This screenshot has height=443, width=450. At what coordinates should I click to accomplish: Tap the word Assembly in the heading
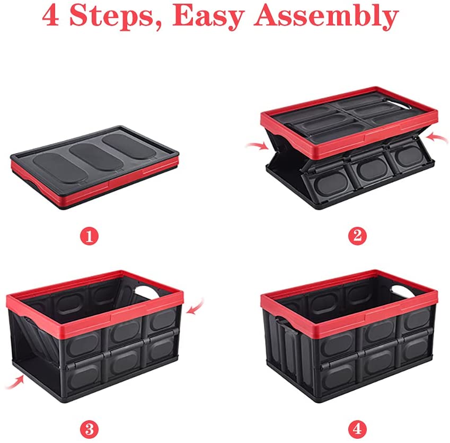point(326,16)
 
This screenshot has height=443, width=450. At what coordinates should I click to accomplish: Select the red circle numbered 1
point(89,236)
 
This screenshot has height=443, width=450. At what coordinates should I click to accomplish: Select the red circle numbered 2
point(357,236)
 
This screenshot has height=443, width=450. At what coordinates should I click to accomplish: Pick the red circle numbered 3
point(89,430)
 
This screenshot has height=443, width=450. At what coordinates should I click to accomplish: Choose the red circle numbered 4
point(357,430)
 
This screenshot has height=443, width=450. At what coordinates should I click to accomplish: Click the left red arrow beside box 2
point(258,146)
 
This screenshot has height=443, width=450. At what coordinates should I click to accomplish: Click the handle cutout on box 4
point(402,290)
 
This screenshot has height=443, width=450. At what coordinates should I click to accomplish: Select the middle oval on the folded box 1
point(96,156)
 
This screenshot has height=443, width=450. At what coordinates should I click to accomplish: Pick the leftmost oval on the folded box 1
point(59,167)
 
